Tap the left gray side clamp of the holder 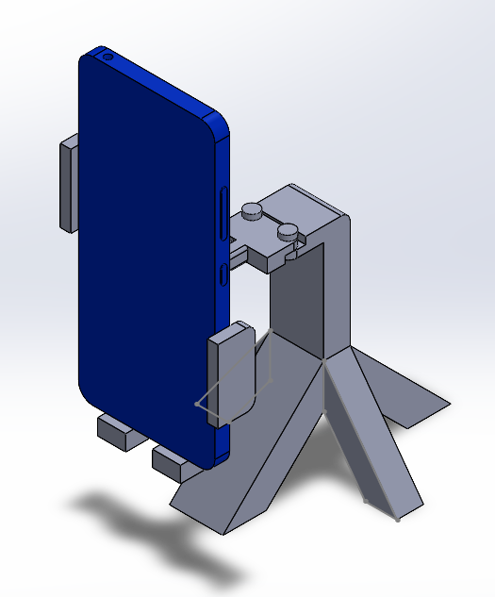tap(70, 183)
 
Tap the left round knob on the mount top tap(252, 211)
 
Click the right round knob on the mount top tap(289, 229)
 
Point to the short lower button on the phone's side tap(223, 274)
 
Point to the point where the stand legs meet tap(324, 360)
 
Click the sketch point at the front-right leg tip tap(397, 517)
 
